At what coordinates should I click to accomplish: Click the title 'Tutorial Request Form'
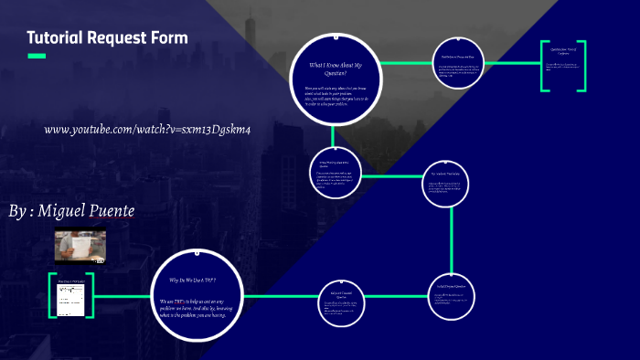click(x=107, y=38)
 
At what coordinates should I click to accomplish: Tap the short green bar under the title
click(x=37, y=57)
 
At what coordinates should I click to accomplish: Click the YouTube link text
click(x=147, y=129)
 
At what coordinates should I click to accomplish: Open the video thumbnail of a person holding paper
click(x=80, y=247)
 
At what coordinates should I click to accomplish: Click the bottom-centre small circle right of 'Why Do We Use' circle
click(x=339, y=302)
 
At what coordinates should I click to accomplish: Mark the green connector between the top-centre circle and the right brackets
click(x=512, y=63)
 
